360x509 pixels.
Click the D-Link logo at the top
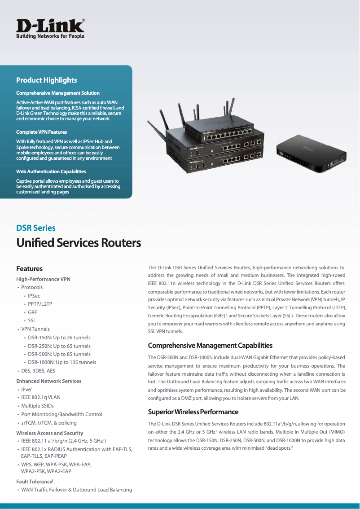click(x=50, y=28)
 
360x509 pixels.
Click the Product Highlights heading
click(x=47, y=80)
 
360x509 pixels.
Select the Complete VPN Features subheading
click(x=42, y=132)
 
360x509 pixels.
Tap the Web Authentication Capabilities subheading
click(x=51, y=171)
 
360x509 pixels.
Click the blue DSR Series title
click(x=36, y=228)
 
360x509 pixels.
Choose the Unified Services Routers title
click(x=79, y=243)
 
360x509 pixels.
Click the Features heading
click(x=30, y=269)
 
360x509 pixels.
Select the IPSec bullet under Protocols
click(x=34, y=296)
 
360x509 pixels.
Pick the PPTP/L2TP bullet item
click(x=40, y=304)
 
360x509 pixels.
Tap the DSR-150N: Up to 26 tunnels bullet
click(x=59, y=338)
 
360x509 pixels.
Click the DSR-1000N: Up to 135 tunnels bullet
click(x=62, y=362)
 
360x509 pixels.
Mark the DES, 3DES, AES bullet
click(x=39, y=371)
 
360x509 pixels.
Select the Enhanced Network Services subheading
click(x=49, y=381)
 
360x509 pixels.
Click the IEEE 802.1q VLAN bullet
click(x=41, y=397)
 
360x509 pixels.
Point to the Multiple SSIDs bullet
click(x=38, y=406)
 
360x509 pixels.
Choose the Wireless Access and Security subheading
click(x=50, y=433)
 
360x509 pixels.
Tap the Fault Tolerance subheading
click(x=35, y=482)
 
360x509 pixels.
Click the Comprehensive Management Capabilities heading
click(x=210, y=346)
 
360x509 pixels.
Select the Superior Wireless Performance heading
click(x=193, y=412)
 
